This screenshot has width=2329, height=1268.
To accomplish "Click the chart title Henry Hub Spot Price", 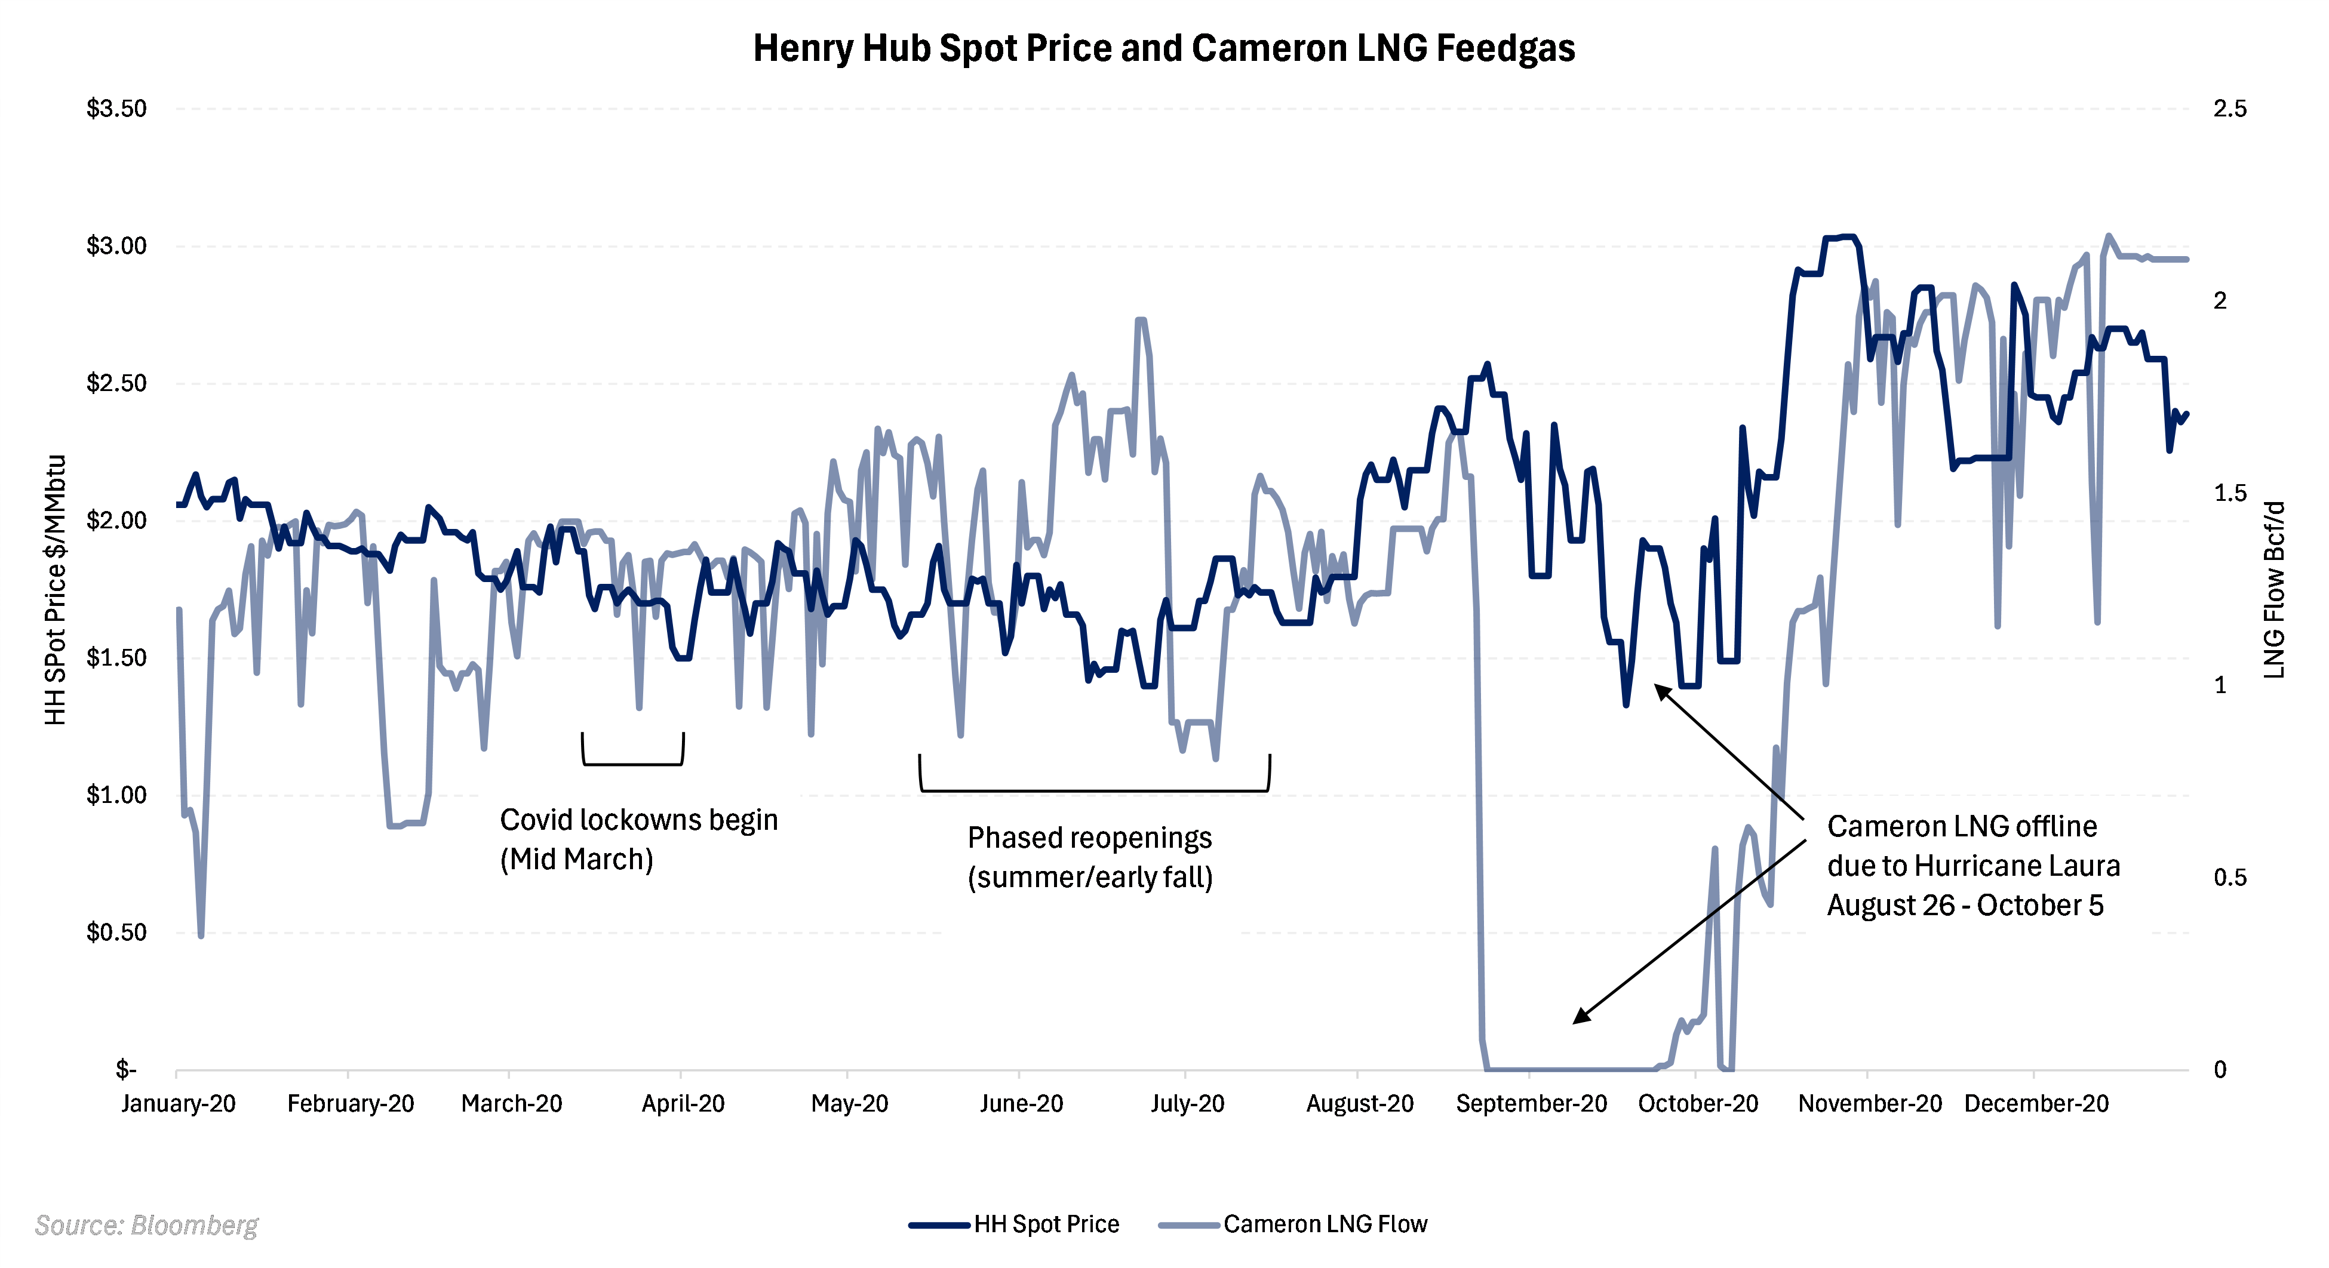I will click(1163, 48).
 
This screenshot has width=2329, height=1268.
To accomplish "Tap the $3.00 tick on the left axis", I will click(116, 246).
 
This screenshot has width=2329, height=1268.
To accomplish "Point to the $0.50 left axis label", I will click(116, 932).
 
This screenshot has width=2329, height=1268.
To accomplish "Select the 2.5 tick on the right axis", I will click(2229, 109).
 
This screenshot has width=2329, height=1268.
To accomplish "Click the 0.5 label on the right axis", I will click(2229, 878).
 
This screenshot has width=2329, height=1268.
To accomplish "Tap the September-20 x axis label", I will click(1531, 1103).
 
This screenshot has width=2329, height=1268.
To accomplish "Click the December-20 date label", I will click(2036, 1103).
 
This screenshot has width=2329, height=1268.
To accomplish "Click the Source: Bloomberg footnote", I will click(146, 1226).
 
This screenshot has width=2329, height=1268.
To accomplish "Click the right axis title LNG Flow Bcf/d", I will click(2275, 589).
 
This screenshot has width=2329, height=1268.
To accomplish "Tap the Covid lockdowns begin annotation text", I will click(638, 839).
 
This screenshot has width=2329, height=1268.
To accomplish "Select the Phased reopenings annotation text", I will click(1089, 857).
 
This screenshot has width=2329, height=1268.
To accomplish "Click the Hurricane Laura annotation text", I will click(1972, 866).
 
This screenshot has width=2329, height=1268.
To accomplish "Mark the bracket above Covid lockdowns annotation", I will click(633, 764).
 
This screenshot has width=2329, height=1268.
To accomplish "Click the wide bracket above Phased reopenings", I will click(1094, 790).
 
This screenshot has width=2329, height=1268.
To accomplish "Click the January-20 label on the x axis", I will click(178, 1103).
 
